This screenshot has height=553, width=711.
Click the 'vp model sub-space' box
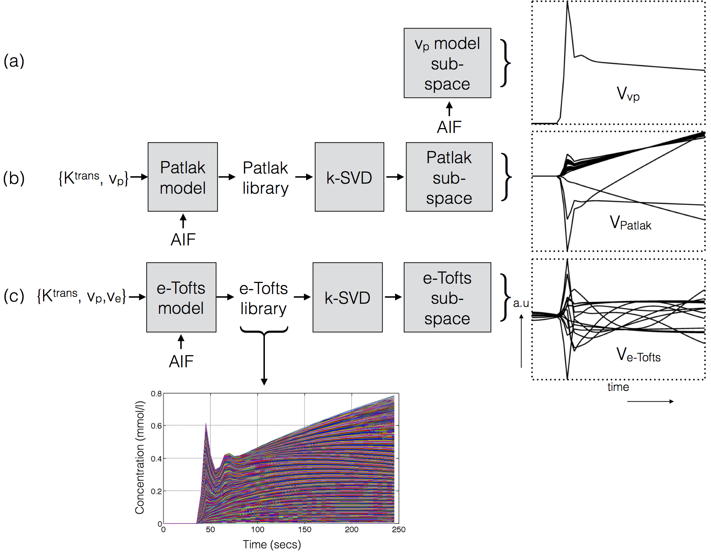447,63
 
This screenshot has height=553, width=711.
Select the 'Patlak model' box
183,177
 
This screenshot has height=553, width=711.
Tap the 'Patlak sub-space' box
449,177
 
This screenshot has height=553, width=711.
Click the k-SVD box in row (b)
349,177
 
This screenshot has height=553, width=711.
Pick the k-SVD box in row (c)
348,298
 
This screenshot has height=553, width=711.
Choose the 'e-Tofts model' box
181,298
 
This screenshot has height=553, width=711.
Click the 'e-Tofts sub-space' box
447,298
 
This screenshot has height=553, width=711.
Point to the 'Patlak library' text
265,178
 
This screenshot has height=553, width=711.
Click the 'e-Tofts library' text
264,298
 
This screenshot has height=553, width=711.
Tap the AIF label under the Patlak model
183,240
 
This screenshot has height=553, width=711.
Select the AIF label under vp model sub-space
449,127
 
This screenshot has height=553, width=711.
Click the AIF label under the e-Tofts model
181,361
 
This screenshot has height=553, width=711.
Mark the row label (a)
14,61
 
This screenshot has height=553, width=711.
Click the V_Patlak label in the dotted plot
630,223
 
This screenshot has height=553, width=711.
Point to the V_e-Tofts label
638,355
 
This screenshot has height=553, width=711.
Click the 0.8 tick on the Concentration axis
156,394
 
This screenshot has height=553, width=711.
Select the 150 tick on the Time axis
304,529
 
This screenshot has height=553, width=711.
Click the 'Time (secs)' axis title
271,544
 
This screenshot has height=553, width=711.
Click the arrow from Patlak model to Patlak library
227,177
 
